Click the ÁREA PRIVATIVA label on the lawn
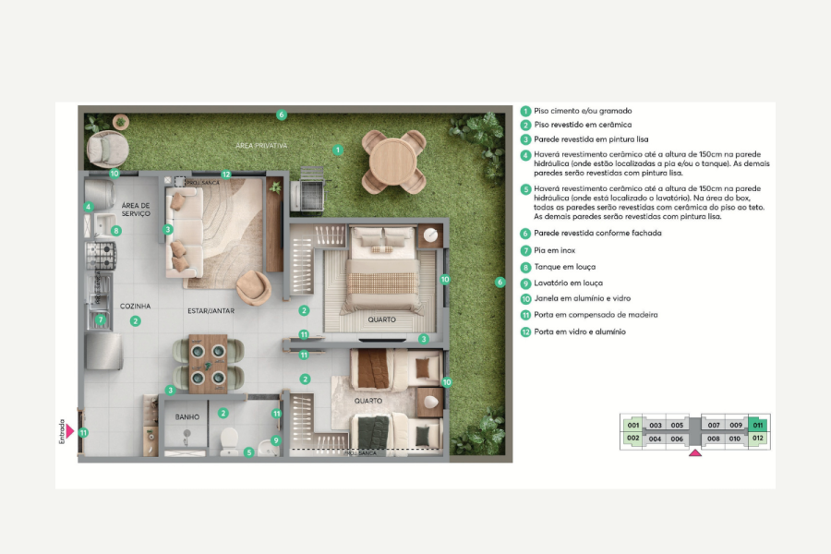tap(261, 146)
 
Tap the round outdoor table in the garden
tap(393, 162)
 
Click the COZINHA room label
tap(135, 306)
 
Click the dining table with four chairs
tap(209, 363)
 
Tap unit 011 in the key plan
tap(757, 426)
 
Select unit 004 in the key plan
tap(655, 439)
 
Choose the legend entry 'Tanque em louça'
tap(564, 267)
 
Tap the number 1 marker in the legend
tap(525, 111)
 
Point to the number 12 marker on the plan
tap(225, 173)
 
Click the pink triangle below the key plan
tap(693, 452)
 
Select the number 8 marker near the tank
tap(115, 231)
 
